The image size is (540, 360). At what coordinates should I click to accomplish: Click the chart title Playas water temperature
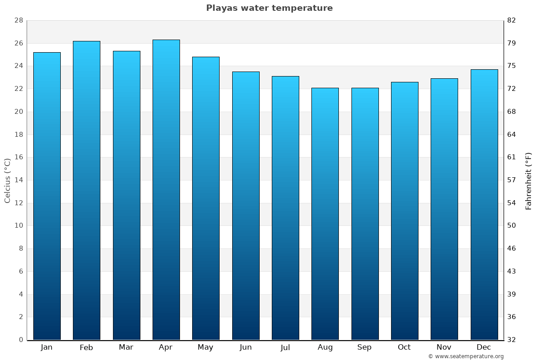[269, 8]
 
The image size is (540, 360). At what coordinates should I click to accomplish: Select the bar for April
[166, 189]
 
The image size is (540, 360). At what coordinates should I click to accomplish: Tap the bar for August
[325, 214]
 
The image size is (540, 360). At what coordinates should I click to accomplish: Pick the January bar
[47, 196]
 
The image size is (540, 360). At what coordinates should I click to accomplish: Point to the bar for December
[484, 204]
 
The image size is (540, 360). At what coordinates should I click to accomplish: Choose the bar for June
[246, 206]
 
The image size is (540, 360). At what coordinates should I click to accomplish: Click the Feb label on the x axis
[86, 347]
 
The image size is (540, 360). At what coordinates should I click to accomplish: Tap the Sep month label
[364, 347]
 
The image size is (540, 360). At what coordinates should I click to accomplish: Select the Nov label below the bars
[444, 347]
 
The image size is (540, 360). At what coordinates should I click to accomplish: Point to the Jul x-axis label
[285, 347]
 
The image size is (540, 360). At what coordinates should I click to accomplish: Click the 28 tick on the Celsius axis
[18, 21]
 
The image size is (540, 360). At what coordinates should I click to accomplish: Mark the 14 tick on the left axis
[18, 180]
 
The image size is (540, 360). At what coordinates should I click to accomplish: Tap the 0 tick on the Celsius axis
[21, 340]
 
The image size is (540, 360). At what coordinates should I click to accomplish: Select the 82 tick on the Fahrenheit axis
[512, 21]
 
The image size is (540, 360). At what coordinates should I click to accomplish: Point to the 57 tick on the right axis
[512, 180]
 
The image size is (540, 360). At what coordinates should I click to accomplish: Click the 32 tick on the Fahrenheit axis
[512, 340]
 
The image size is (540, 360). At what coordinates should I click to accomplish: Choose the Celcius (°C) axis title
[7, 180]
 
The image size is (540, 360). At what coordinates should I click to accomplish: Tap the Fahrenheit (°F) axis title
[528, 180]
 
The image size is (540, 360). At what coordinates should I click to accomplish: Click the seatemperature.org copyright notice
[465, 356]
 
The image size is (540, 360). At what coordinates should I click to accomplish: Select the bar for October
[405, 211]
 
